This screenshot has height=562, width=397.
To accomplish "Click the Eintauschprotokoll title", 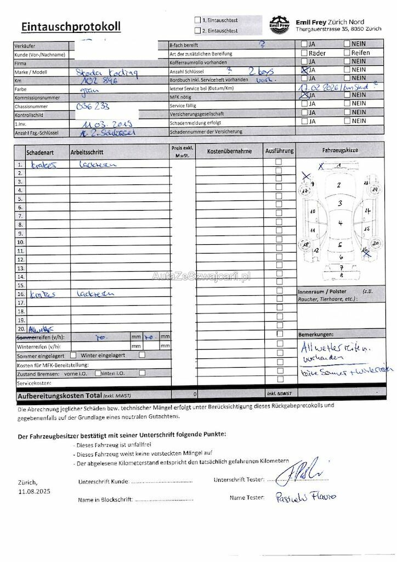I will [71, 26].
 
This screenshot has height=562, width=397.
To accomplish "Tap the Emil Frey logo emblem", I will [280, 24].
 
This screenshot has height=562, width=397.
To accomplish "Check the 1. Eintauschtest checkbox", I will [197, 20].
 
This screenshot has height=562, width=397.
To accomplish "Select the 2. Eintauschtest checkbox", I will [197, 31].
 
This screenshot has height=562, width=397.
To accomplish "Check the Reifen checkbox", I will [347, 53].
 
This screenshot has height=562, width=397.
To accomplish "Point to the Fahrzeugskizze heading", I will [340, 150].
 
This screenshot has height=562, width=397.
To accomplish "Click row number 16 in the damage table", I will [20, 294].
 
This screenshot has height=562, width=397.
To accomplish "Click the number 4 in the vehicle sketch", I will [340, 223].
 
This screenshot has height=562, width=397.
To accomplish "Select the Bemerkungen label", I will [316, 334].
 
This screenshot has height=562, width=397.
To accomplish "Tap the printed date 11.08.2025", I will [34, 492].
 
